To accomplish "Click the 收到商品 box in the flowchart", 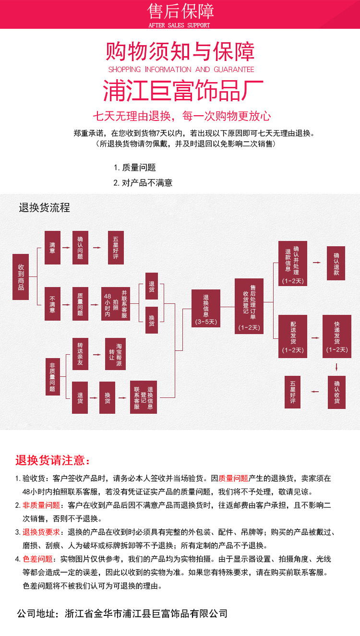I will pos(21,277).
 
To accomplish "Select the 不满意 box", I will pos(52,303).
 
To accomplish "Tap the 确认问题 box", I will pos(80,247).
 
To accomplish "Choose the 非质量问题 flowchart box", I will pos(52,376).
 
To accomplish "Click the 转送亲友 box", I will pos(80,354).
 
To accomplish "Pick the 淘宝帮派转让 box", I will pos(115,354).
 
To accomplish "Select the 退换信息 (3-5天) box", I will pos(206,308).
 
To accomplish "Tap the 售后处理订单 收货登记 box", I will pos(249,306).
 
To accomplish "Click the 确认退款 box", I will pos(336,263).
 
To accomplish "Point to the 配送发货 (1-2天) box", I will pos(293,336).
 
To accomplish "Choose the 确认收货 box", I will pos(336,392).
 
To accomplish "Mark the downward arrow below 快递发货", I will pos(336,367).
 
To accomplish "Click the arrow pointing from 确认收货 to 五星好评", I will pos(315,392).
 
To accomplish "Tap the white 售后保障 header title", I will pos(180,11).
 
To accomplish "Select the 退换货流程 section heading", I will pos(45,207).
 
